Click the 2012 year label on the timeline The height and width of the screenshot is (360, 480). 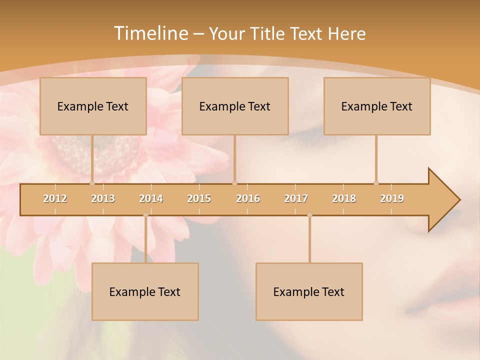[x=55, y=198]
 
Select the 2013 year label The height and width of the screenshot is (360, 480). [x=103, y=198]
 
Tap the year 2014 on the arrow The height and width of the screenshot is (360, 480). [x=151, y=198]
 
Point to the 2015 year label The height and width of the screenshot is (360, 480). [x=199, y=198]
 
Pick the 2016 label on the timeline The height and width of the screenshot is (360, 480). [x=248, y=198]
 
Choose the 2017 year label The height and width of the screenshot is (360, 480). [x=296, y=198]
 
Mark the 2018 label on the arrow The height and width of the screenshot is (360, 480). [x=344, y=198]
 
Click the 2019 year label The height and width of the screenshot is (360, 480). [x=392, y=198]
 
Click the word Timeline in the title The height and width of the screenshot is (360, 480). [x=150, y=33]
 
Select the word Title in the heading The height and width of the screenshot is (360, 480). [x=268, y=33]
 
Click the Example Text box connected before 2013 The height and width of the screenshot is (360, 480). [x=93, y=106]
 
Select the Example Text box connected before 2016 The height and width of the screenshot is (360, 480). [x=235, y=106]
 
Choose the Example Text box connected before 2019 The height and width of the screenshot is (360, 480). [x=377, y=106]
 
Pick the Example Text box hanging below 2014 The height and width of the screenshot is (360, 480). [x=145, y=291]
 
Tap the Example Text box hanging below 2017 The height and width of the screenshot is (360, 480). [x=309, y=291]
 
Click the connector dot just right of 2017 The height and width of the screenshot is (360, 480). [x=309, y=215]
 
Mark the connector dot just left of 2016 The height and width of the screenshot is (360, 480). [x=235, y=183]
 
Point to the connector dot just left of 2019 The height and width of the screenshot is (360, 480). [x=376, y=183]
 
